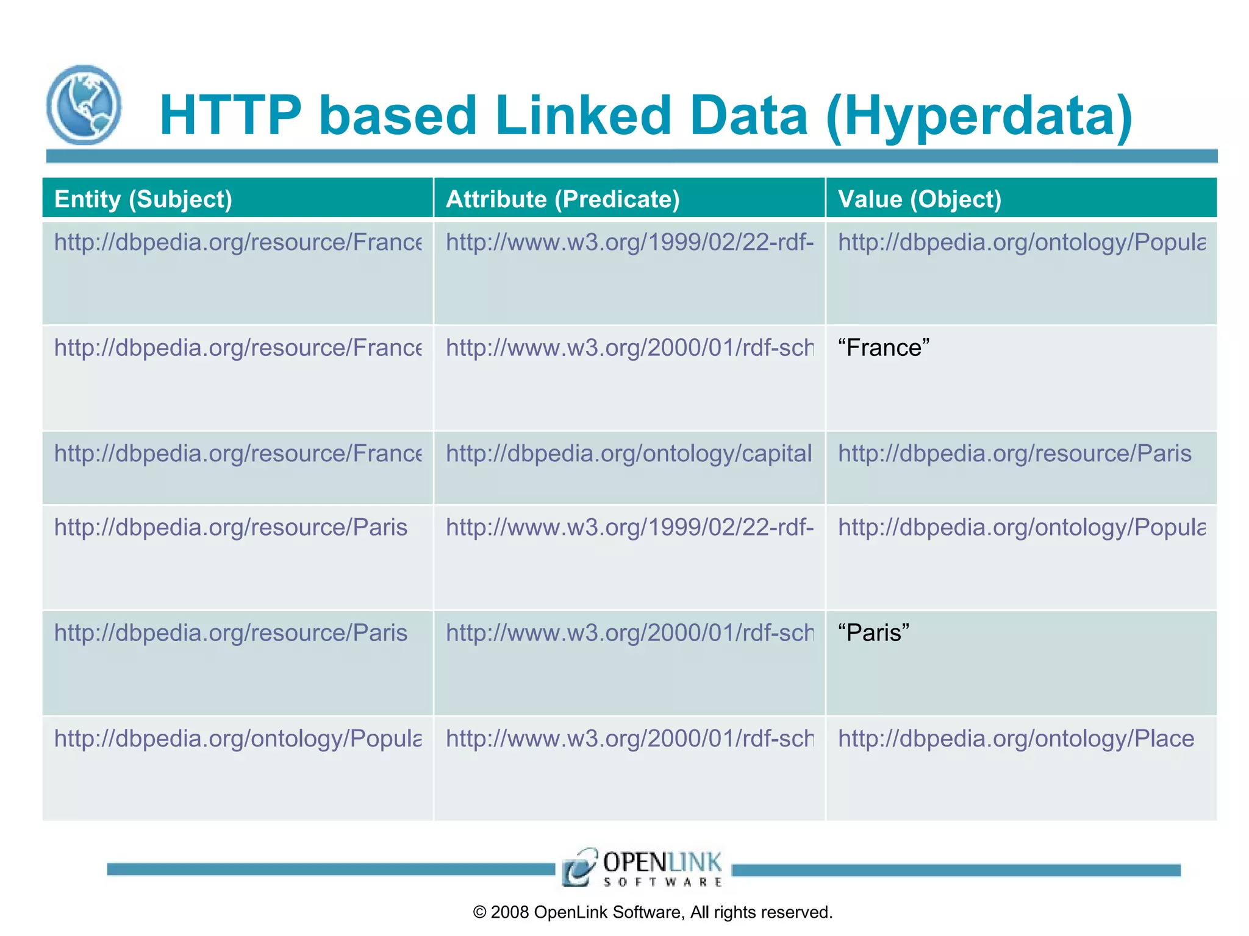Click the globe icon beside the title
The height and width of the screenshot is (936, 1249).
point(84,105)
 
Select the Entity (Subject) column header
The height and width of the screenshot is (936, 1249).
point(143,199)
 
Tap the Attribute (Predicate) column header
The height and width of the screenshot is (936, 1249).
point(562,199)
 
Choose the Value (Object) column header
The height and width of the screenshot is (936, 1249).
point(919,199)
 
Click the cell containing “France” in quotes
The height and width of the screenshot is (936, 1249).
point(883,348)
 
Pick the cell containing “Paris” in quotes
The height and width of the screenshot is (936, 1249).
point(873,633)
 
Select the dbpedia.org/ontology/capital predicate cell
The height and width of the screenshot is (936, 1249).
point(628,454)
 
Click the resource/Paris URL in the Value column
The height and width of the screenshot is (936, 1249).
point(1014,454)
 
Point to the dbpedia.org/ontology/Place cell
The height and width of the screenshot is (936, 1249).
point(1015,739)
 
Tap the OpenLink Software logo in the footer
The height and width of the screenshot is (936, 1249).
point(642,867)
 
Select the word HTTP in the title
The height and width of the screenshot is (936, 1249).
point(231,115)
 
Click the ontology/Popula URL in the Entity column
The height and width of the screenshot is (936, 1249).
point(237,739)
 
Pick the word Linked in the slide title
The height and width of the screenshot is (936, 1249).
point(583,115)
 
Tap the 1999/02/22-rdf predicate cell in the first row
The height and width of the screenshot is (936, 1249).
point(629,243)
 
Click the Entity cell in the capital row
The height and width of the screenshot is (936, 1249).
point(237,454)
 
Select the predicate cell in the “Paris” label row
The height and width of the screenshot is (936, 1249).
point(629,633)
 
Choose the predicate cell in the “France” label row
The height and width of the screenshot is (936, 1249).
point(629,348)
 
